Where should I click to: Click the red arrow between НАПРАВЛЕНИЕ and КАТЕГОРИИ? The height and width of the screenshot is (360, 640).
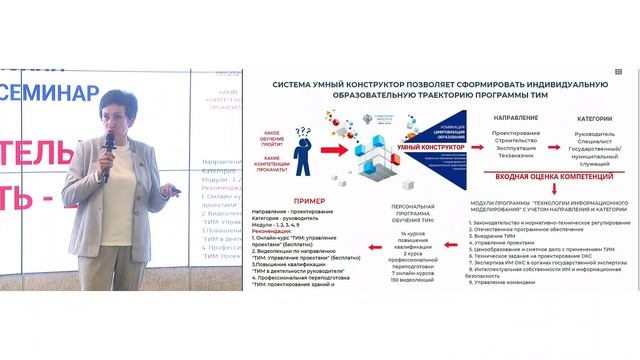click(556, 132)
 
